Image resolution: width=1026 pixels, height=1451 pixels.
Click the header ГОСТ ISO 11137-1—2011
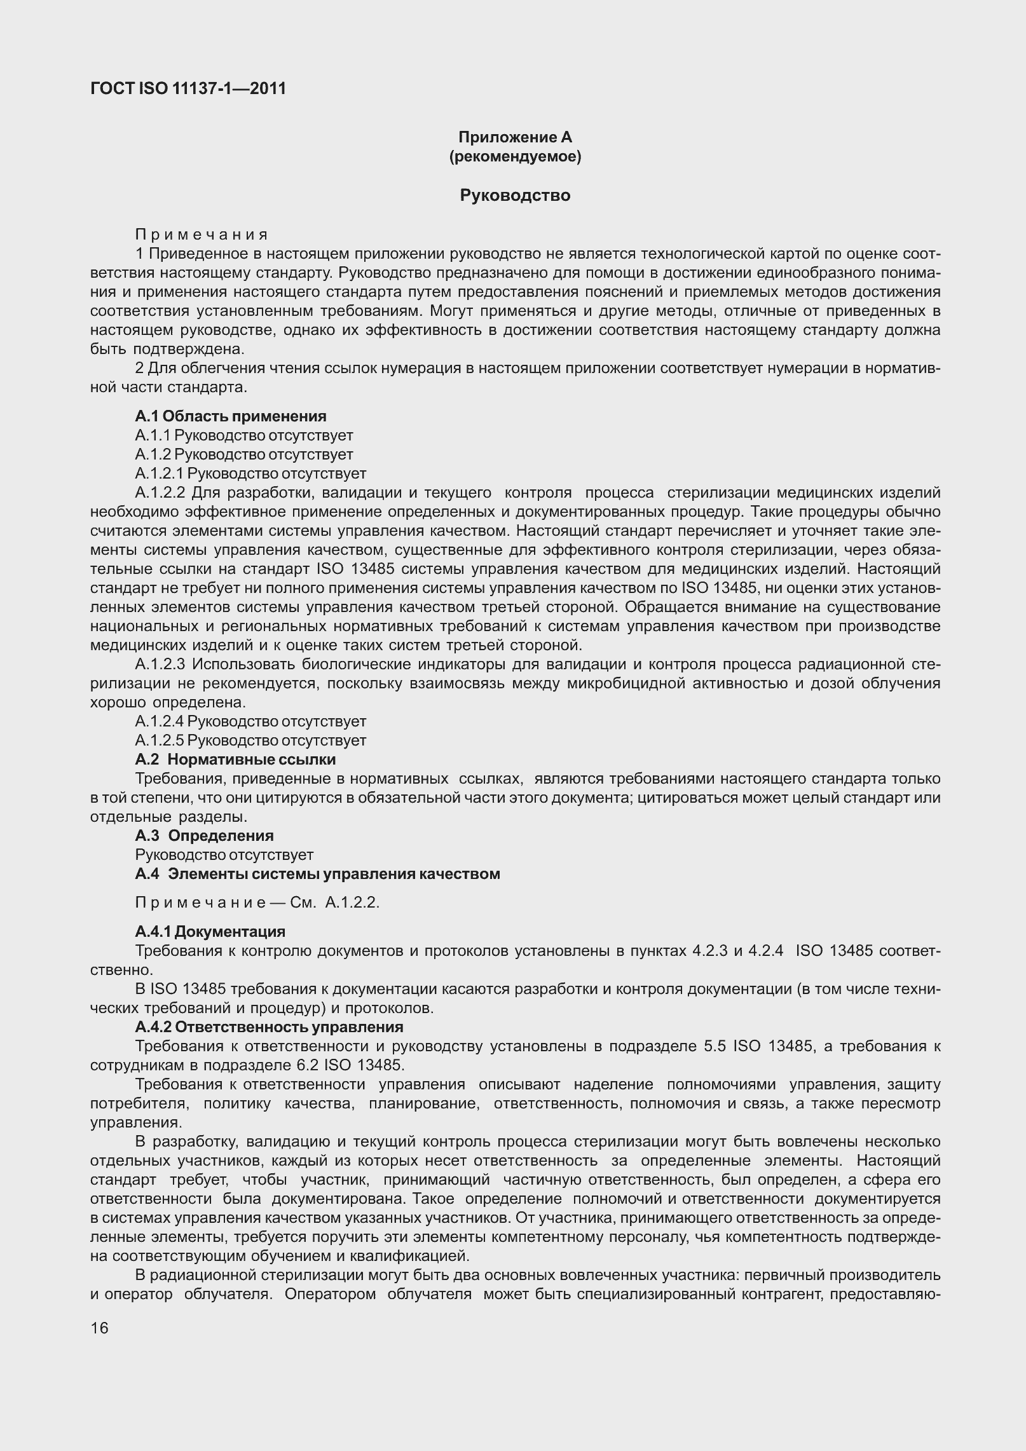coord(188,89)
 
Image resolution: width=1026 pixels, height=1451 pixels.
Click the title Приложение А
coord(515,137)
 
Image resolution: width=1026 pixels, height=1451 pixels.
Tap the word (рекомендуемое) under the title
coord(515,156)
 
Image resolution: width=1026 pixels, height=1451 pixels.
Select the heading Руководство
coord(515,196)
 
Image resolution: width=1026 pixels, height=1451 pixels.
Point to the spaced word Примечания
coord(202,235)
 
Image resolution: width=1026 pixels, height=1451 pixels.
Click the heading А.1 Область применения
coord(231,416)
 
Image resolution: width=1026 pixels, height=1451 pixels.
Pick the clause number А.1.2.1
coord(159,473)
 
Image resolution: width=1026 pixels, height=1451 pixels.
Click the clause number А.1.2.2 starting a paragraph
coord(160,493)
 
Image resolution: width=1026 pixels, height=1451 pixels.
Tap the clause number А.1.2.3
coord(160,664)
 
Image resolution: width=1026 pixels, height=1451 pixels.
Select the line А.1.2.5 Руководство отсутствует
coord(250,740)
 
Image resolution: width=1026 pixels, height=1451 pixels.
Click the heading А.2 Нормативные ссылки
coord(235,760)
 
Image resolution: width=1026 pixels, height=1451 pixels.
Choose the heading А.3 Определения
coord(204,836)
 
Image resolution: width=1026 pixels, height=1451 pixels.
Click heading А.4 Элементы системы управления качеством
coord(317,874)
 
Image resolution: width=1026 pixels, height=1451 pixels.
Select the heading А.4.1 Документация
coord(210,932)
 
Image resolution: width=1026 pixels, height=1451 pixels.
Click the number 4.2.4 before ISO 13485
coord(766,951)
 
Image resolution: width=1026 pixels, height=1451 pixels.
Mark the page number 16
coord(100,1328)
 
